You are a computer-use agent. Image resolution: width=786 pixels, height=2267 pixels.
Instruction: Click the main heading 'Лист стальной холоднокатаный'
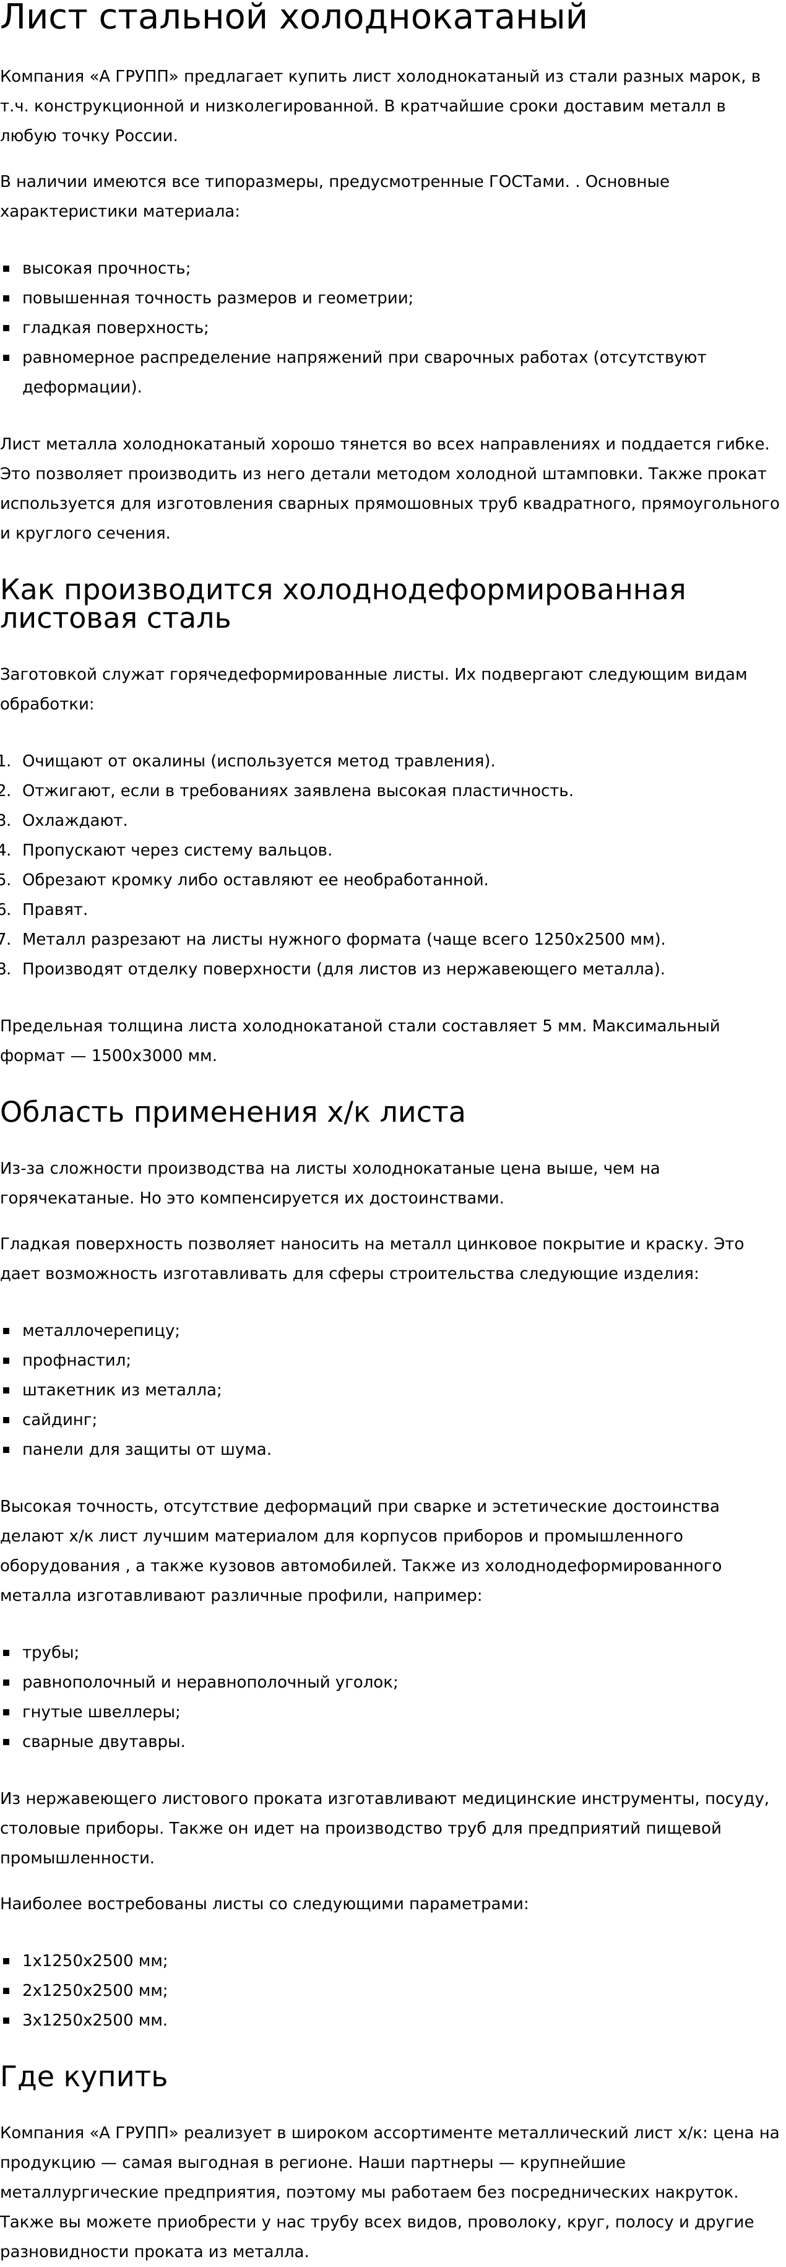click(x=293, y=17)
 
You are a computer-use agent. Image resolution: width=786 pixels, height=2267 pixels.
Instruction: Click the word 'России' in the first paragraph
click(x=146, y=136)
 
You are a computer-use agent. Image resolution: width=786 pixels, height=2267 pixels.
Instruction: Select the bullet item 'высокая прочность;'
click(x=106, y=269)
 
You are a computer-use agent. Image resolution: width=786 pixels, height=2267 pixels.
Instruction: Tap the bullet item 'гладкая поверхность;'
click(x=115, y=327)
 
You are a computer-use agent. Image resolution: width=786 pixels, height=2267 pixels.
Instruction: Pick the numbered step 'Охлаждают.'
click(x=75, y=820)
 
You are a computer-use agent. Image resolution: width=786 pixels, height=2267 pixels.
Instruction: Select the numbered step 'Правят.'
click(x=54, y=909)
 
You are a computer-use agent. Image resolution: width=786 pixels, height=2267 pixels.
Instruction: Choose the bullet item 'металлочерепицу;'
click(x=100, y=1330)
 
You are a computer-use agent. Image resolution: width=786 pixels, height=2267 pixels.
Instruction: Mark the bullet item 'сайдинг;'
click(x=60, y=1420)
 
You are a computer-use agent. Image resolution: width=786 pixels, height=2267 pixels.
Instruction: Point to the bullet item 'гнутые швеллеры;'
click(x=101, y=1712)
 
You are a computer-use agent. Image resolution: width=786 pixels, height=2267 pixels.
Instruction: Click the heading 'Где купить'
click(x=84, y=2076)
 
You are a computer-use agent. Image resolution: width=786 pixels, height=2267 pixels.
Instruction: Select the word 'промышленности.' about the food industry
click(x=77, y=1858)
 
